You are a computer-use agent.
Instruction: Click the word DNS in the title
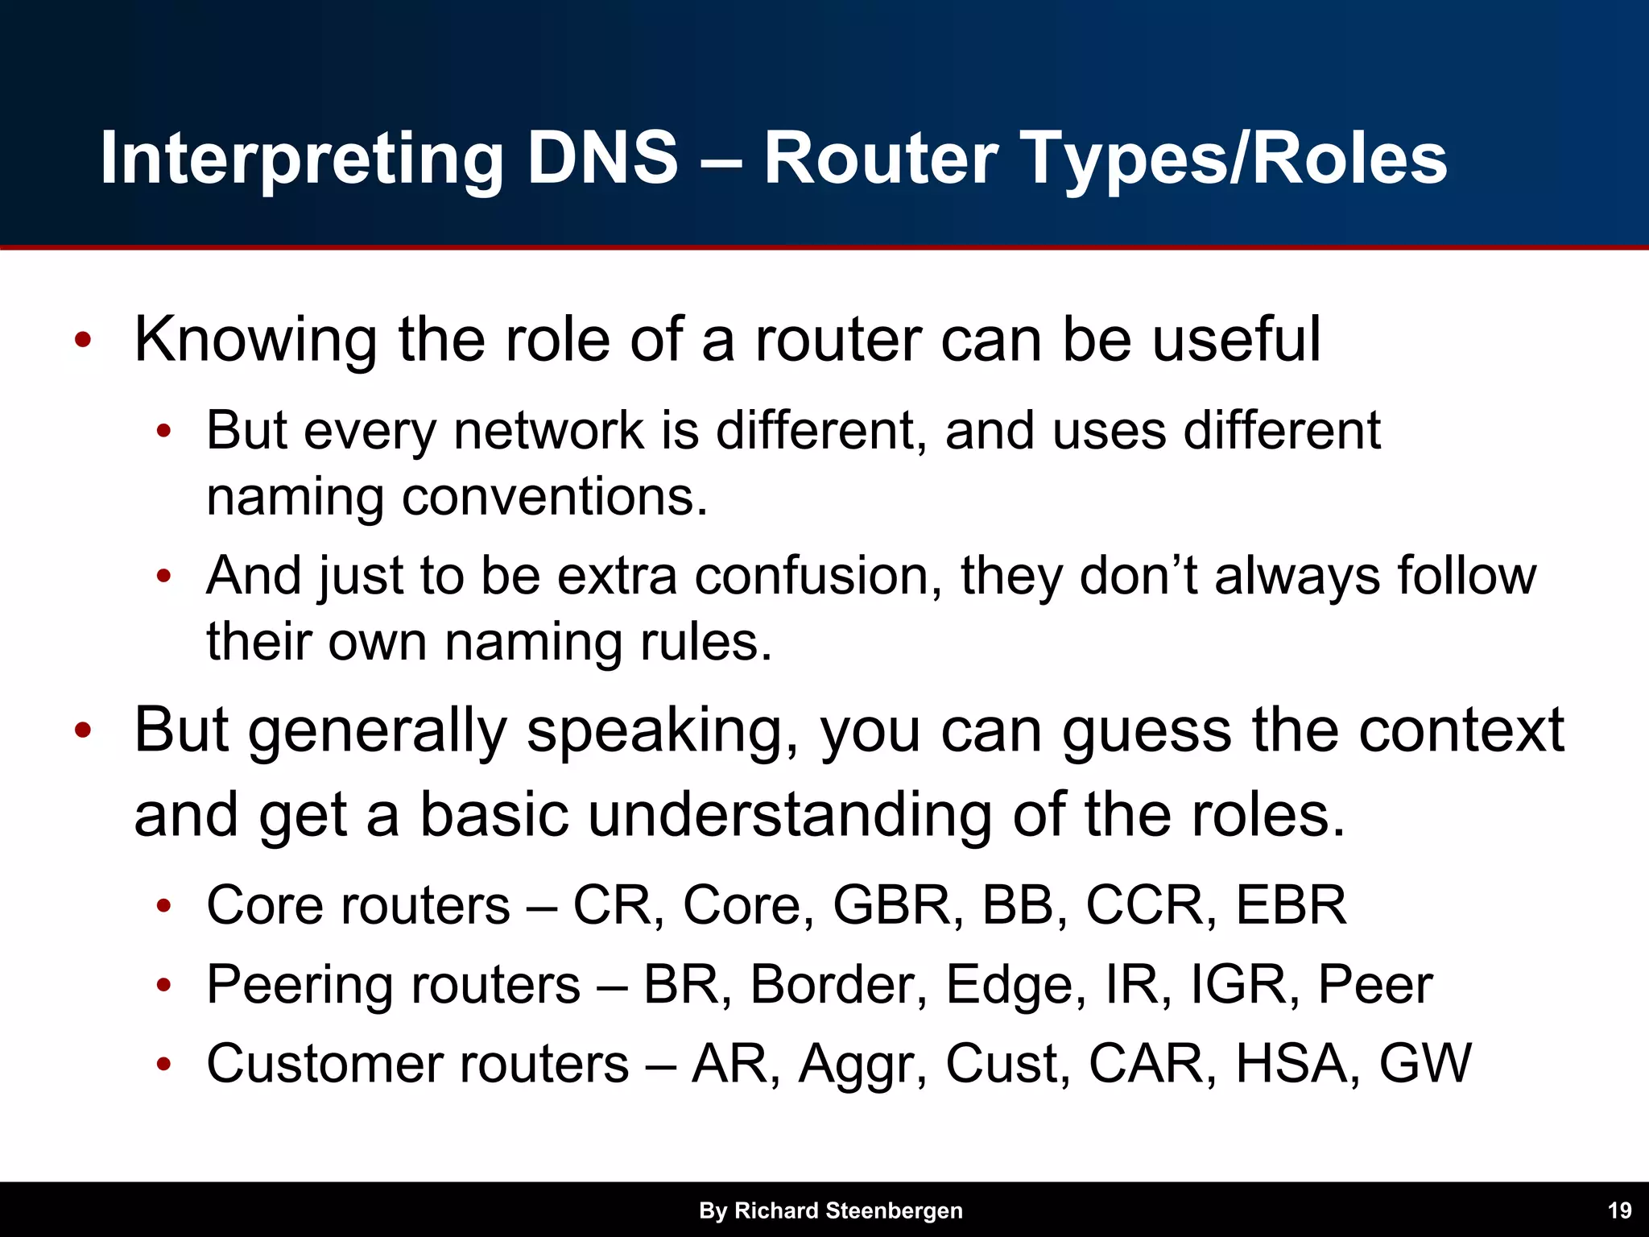pos(602,158)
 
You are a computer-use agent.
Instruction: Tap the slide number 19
pos(1619,1210)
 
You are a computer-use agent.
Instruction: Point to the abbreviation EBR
pos(1291,905)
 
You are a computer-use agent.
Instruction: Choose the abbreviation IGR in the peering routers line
pos(1238,984)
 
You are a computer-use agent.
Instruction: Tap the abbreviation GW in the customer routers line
pos(1425,1063)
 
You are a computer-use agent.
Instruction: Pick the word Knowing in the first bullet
pos(255,340)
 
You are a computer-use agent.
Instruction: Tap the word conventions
pos(554,496)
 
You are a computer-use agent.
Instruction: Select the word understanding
pos(789,815)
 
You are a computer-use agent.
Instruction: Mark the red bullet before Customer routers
pos(163,1065)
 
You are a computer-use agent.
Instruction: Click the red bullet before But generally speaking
pos(82,731)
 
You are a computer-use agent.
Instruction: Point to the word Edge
pos(1010,986)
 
